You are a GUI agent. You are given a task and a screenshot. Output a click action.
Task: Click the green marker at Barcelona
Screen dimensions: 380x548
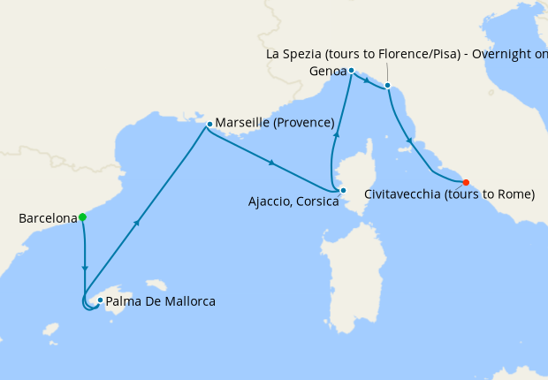tap(82, 217)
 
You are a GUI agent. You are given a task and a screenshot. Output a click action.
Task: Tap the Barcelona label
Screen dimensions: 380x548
tap(47, 217)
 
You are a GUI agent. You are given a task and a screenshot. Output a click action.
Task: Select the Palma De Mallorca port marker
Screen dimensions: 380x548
tap(101, 300)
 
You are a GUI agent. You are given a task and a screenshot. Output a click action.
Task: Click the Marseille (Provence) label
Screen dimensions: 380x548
tap(275, 122)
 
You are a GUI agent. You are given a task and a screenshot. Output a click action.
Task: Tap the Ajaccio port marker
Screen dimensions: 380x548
tap(343, 190)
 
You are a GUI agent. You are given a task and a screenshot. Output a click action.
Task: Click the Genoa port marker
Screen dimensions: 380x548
tap(351, 70)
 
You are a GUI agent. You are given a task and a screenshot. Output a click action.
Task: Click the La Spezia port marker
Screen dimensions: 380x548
tap(387, 86)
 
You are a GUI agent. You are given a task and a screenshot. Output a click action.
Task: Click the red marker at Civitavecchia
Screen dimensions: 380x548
tap(466, 183)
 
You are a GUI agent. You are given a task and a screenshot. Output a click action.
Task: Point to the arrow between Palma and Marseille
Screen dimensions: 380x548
tap(137, 223)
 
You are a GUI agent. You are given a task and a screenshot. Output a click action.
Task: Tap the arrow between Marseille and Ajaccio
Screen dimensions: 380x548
tap(272, 163)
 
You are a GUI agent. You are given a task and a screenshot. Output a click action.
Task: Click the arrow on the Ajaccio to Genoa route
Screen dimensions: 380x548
tap(336, 133)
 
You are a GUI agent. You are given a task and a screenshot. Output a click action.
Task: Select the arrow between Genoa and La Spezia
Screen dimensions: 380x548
tap(367, 80)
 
